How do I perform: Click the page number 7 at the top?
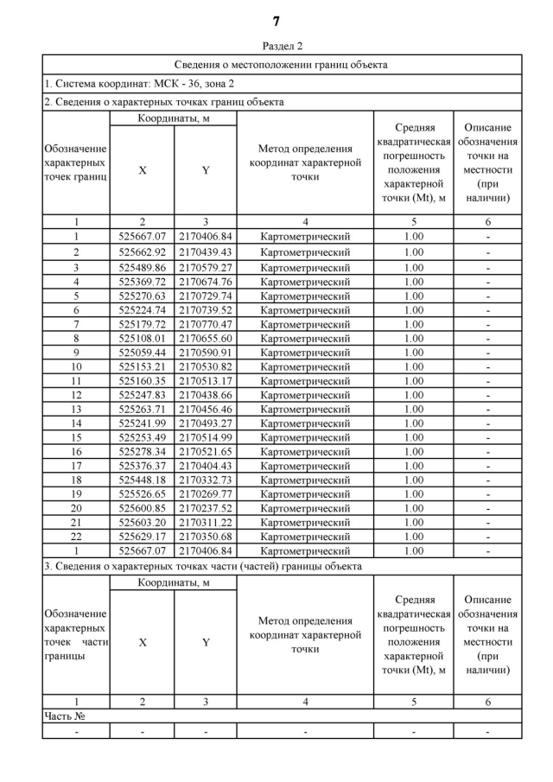[x=276, y=21]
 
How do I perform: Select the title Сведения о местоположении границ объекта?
[x=281, y=65]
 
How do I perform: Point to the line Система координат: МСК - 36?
[x=139, y=84]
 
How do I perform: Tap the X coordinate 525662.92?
[x=142, y=252]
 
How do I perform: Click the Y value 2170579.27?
[x=205, y=267]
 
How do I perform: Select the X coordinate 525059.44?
[x=142, y=353]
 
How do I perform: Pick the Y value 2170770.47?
[x=205, y=324]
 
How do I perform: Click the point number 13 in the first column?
[x=76, y=409]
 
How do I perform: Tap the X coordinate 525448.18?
[x=142, y=480]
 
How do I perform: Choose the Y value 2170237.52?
[x=205, y=508]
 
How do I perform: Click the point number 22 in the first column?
[x=76, y=537]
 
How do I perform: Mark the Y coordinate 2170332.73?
[x=205, y=480]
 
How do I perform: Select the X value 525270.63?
[x=142, y=296]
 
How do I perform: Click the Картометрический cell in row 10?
[x=305, y=366]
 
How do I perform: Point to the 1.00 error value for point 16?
[x=414, y=451]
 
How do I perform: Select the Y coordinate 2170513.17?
[x=205, y=381]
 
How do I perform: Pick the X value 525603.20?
[x=142, y=523]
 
